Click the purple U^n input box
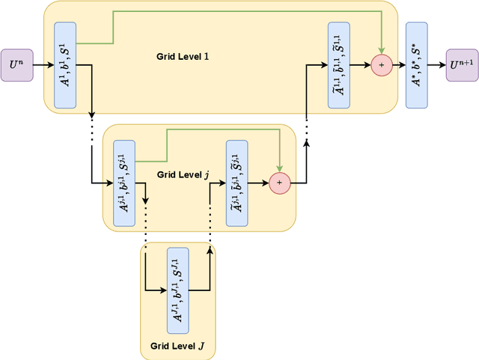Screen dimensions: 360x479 click(x=16, y=66)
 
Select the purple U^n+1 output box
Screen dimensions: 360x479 click(x=462, y=66)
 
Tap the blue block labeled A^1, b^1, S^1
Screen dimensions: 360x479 click(x=65, y=65)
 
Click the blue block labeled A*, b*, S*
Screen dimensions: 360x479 click(x=416, y=65)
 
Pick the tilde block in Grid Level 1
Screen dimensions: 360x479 click(x=339, y=65)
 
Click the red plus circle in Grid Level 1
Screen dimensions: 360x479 click(x=382, y=66)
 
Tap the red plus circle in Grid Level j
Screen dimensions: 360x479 click(x=280, y=181)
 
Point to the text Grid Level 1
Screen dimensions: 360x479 click(x=183, y=57)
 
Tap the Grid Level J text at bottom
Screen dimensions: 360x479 click(x=180, y=347)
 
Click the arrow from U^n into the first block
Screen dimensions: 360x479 click(x=43, y=66)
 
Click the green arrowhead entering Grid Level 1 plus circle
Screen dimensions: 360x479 click(x=382, y=52)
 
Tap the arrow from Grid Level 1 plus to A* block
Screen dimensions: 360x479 click(x=398, y=66)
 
